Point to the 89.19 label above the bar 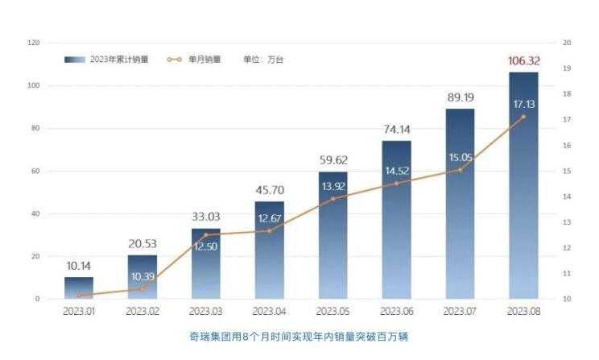(460, 97)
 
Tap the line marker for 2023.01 (79, 296)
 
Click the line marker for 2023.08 (523, 117)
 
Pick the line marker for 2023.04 (269, 231)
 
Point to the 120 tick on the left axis (33, 43)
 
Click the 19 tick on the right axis (568, 68)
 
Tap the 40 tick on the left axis (35, 213)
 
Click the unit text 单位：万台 (263, 60)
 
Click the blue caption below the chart (299, 335)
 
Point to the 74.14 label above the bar (396, 129)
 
